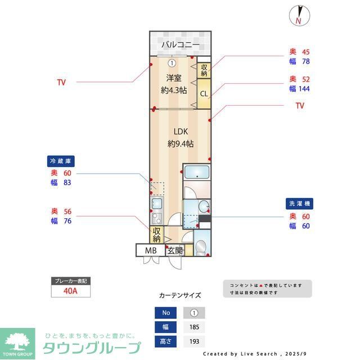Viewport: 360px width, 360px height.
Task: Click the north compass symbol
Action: [x=298, y=15]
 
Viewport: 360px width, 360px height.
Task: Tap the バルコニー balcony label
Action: [x=180, y=44]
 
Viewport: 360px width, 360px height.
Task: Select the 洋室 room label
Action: [x=173, y=78]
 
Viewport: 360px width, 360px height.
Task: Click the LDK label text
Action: [x=180, y=132]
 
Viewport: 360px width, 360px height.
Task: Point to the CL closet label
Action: [x=204, y=93]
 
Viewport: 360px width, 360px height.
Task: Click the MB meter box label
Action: [x=151, y=250]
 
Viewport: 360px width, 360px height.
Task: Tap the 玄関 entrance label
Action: [x=175, y=250]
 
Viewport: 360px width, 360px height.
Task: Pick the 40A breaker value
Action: [x=70, y=291]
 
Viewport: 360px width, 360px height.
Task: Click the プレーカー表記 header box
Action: [x=70, y=280]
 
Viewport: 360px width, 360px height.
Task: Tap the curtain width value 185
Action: [x=194, y=327]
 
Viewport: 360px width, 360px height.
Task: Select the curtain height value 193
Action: [x=194, y=341]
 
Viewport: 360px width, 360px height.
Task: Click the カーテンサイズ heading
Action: [x=179, y=295]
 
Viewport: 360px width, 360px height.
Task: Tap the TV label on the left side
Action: [x=61, y=82]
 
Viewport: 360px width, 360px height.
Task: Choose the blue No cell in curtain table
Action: [x=165, y=313]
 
